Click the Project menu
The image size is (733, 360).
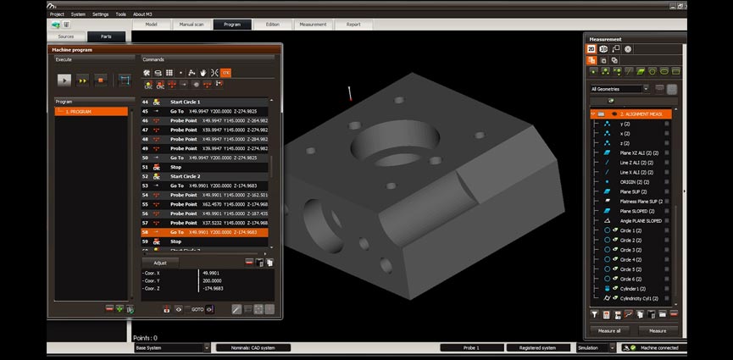pyautogui.click(x=57, y=14)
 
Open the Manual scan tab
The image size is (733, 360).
pyautogui.click(x=192, y=25)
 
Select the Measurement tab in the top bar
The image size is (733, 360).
pyautogui.click(x=313, y=25)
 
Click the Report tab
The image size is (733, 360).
pyautogui.click(x=353, y=25)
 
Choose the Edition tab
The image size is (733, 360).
pyautogui.click(x=272, y=25)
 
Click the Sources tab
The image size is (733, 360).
pyautogui.click(x=66, y=36)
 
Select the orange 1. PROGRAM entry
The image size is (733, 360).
pyautogui.click(x=91, y=112)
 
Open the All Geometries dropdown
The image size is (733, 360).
pyautogui.click(x=619, y=89)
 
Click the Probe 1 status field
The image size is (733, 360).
pyautogui.click(x=470, y=347)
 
